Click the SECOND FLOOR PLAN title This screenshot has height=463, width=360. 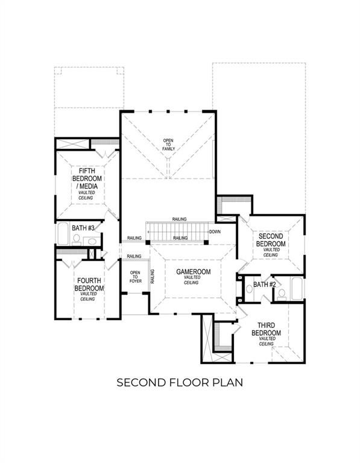click(x=180, y=382)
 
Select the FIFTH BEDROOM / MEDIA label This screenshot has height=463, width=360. click(x=87, y=182)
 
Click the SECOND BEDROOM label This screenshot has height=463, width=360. click(x=270, y=241)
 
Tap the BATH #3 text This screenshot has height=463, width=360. click(x=83, y=228)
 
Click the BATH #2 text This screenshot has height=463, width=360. click(x=264, y=284)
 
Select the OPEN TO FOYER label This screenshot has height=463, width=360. click(x=135, y=278)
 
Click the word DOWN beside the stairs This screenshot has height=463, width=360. click(x=215, y=231)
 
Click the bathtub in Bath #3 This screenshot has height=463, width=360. click(x=63, y=233)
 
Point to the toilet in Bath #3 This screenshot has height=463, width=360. click(x=77, y=239)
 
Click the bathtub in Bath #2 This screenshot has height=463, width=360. click(x=297, y=288)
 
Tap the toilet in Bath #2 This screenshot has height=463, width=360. click(x=282, y=294)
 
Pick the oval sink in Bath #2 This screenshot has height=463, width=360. click(x=250, y=289)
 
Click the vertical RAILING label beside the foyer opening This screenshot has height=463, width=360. click(x=153, y=276)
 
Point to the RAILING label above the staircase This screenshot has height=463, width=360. click(x=178, y=219)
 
